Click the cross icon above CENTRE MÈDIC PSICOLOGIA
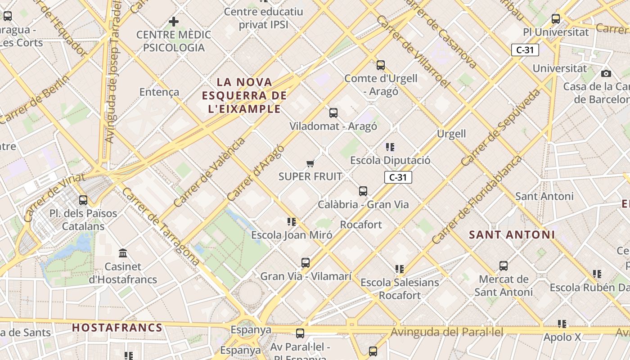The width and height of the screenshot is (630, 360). point(174,21)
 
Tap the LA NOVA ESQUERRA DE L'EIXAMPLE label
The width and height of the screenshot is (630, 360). point(244,95)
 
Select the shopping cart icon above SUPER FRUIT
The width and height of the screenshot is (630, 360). point(310,163)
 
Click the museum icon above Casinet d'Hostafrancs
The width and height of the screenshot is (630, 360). point(123,253)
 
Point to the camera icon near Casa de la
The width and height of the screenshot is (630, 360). point(606,73)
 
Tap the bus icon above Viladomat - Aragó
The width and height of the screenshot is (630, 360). point(333,113)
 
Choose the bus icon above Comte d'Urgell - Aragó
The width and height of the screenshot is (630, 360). point(381,65)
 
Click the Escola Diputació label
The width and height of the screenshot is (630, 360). point(390,160)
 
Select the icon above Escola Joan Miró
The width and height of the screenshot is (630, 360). point(292,222)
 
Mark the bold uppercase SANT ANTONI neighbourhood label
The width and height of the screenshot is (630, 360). point(512,235)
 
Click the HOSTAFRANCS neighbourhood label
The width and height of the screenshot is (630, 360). point(117,328)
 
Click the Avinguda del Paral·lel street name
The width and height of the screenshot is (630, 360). point(447,333)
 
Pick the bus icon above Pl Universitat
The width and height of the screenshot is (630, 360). point(556,19)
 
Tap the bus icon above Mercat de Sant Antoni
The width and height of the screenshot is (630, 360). point(504,266)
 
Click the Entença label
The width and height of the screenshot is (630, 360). point(159,92)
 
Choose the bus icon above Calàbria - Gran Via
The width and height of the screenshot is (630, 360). point(363,191)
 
